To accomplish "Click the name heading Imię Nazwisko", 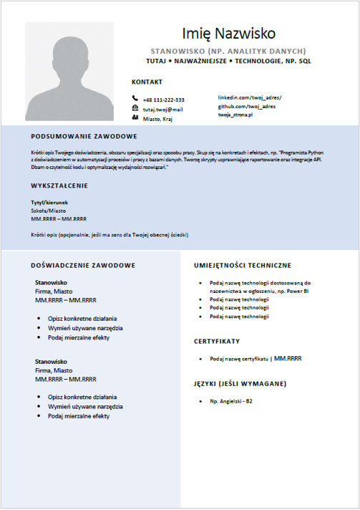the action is point(228,33).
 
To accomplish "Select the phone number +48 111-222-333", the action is point(163,100).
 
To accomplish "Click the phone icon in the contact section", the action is point(135,99).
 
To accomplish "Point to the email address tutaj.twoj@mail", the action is point(162,110).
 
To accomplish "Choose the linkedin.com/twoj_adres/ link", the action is point(250,97).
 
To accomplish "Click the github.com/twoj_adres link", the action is point(247,106).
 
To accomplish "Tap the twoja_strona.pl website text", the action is point(236,115).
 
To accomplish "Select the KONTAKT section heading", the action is point(147,82).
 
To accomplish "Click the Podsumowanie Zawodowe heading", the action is point(84,136).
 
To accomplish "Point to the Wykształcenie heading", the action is point(59,186).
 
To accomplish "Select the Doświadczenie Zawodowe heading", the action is point(83,265).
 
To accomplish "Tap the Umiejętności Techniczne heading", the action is point(242,265).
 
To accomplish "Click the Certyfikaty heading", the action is point(216,341).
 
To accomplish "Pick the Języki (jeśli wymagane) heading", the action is point(240,384).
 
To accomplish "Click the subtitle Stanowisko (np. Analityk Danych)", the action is point(228,52).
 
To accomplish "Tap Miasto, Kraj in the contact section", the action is point(158,119).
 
